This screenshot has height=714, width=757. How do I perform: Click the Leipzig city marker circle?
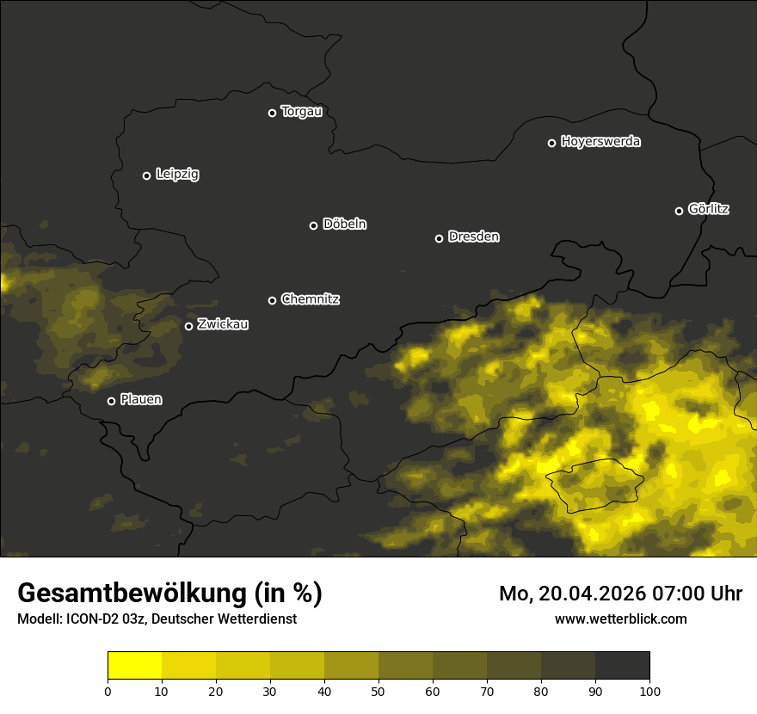point(146,175)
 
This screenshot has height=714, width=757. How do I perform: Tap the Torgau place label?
point(301,112)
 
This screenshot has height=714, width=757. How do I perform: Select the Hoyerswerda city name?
point(600,142)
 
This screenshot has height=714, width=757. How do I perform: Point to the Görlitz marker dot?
point(679,211)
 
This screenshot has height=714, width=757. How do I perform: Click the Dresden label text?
point(473,237)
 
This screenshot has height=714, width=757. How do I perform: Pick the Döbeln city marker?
point(313,225)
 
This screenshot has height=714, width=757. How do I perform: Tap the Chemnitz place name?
point(310,299)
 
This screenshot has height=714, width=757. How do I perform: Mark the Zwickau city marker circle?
point(188,326)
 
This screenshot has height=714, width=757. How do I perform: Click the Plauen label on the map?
point(141,400)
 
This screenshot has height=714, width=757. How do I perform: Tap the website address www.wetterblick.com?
point(621,619)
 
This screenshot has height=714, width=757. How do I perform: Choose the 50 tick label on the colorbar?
point(378,691)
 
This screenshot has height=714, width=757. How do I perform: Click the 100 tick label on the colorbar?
point(649,691)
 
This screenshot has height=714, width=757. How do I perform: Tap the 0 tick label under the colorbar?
point(108,691)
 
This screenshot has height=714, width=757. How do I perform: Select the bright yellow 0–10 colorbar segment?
point(134,666)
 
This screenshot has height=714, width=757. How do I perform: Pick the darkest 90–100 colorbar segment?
point(622,666)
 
